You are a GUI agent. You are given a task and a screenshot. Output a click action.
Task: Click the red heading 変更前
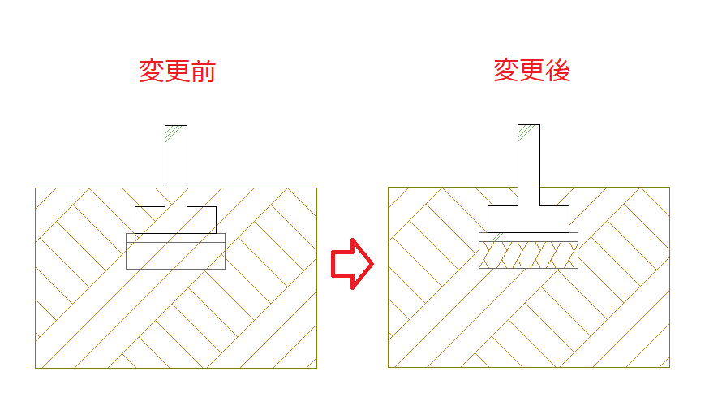(x=178, y=71)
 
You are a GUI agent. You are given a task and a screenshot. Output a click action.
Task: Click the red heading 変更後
(x=532, y=71)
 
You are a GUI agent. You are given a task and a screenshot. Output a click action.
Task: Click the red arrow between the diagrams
(x=352, y=264)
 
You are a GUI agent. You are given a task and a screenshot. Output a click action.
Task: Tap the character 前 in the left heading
(x=203, y=71)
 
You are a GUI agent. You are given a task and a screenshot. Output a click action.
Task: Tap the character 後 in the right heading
(x=557, y=71)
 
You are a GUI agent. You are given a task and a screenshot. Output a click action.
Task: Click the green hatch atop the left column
(x=172, y=133)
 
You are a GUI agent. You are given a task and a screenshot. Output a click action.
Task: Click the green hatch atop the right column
(x=526, y=132)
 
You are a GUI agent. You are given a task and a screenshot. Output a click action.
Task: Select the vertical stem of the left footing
(x=176, y=166)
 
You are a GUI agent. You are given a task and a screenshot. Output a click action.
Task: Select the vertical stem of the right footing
(x=529, y=165)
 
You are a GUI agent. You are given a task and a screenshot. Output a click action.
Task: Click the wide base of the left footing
(x=175, y=220)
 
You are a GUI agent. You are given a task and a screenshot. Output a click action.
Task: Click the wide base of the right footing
(x=528, y=219)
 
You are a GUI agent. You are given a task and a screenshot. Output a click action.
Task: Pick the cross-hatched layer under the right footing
(x=528, y=255)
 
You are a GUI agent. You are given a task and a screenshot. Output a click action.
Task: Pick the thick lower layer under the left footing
(x=175, y=256)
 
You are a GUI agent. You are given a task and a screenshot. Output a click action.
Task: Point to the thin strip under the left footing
(x=175, y=238)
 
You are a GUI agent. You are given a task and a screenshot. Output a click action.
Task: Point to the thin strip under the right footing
(x=528, y=237)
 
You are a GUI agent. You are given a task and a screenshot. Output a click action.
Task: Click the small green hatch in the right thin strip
(x=496, y=237)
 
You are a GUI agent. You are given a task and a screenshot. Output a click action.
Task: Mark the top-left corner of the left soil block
(x=36, y=188)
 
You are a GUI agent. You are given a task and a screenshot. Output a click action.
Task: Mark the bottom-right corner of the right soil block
(x=669, y=367)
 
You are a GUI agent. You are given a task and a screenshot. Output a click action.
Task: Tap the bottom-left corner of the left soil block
(x=36, y=369)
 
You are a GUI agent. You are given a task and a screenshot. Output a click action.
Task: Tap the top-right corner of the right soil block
(x=669, y=187)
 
